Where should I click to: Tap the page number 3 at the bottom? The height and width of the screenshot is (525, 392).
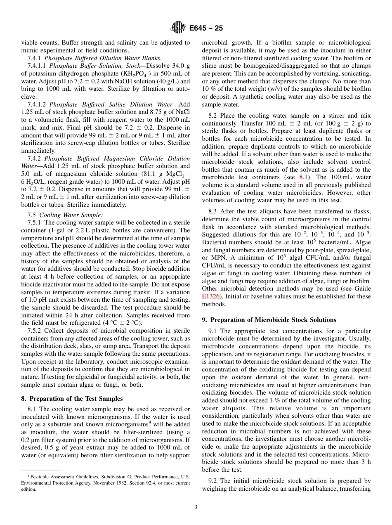(196, 507)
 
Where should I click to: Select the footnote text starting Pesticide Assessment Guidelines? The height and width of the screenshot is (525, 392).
(105, 483)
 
